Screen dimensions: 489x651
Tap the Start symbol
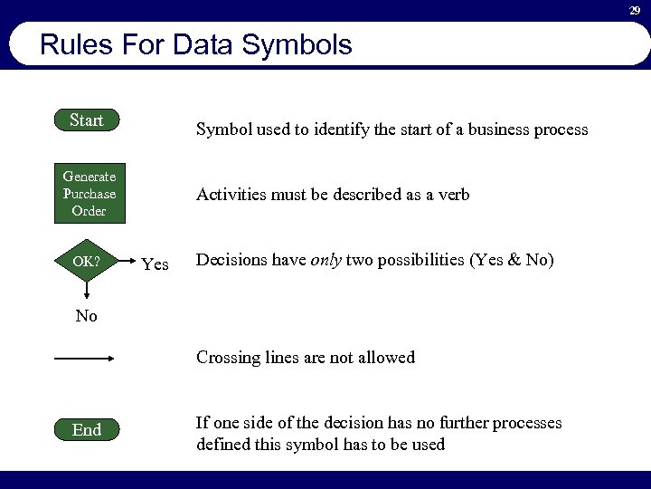(87, 120)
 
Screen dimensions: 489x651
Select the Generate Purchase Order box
(89, 194)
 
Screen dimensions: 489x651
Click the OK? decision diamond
(87, 262)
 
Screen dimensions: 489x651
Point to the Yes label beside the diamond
(156, 264)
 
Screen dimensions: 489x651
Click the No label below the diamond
(86, 316)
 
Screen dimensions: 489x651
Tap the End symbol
(87, 430)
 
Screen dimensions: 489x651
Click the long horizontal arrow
(85, 360)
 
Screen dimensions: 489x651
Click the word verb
(452, 195)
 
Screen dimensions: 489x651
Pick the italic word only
(326, 260)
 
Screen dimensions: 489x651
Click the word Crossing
(229, 358)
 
